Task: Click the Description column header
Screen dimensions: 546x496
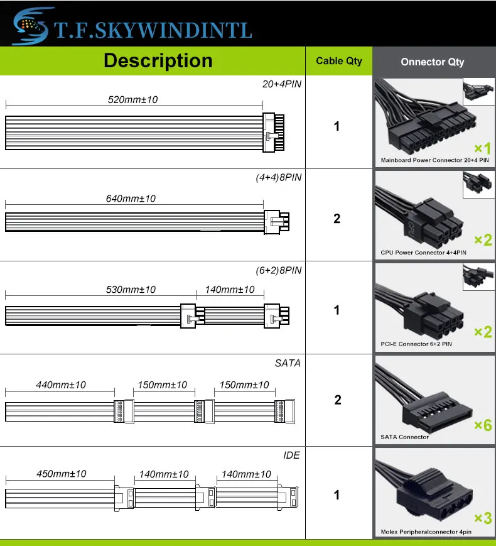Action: coord(158,61)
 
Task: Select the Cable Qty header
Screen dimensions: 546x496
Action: coord(338,61)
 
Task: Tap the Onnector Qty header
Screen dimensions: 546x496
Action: coord(433,62)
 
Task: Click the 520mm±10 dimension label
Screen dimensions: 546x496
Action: coord(132,100)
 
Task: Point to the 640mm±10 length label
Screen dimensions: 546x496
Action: coord(131,199)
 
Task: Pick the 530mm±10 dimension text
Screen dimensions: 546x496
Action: coord(131,290)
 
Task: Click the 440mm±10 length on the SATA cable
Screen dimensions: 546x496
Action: coord(61,385)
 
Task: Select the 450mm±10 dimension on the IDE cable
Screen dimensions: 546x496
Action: coord(61,474)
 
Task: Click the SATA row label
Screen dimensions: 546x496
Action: coord(288,363)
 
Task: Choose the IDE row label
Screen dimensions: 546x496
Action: coord(291,455)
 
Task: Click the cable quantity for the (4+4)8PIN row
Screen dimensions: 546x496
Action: coord(337,219)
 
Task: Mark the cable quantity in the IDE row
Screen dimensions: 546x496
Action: coord(337,495)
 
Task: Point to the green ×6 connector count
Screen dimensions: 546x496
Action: coord(482,425)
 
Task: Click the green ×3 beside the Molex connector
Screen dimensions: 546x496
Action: coord(482,518)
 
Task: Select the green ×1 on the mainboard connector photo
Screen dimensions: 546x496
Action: coord(482,149)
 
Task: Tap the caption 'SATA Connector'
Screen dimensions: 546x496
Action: coord(405,437)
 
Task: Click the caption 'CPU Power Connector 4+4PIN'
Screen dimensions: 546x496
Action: coord(423,253)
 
